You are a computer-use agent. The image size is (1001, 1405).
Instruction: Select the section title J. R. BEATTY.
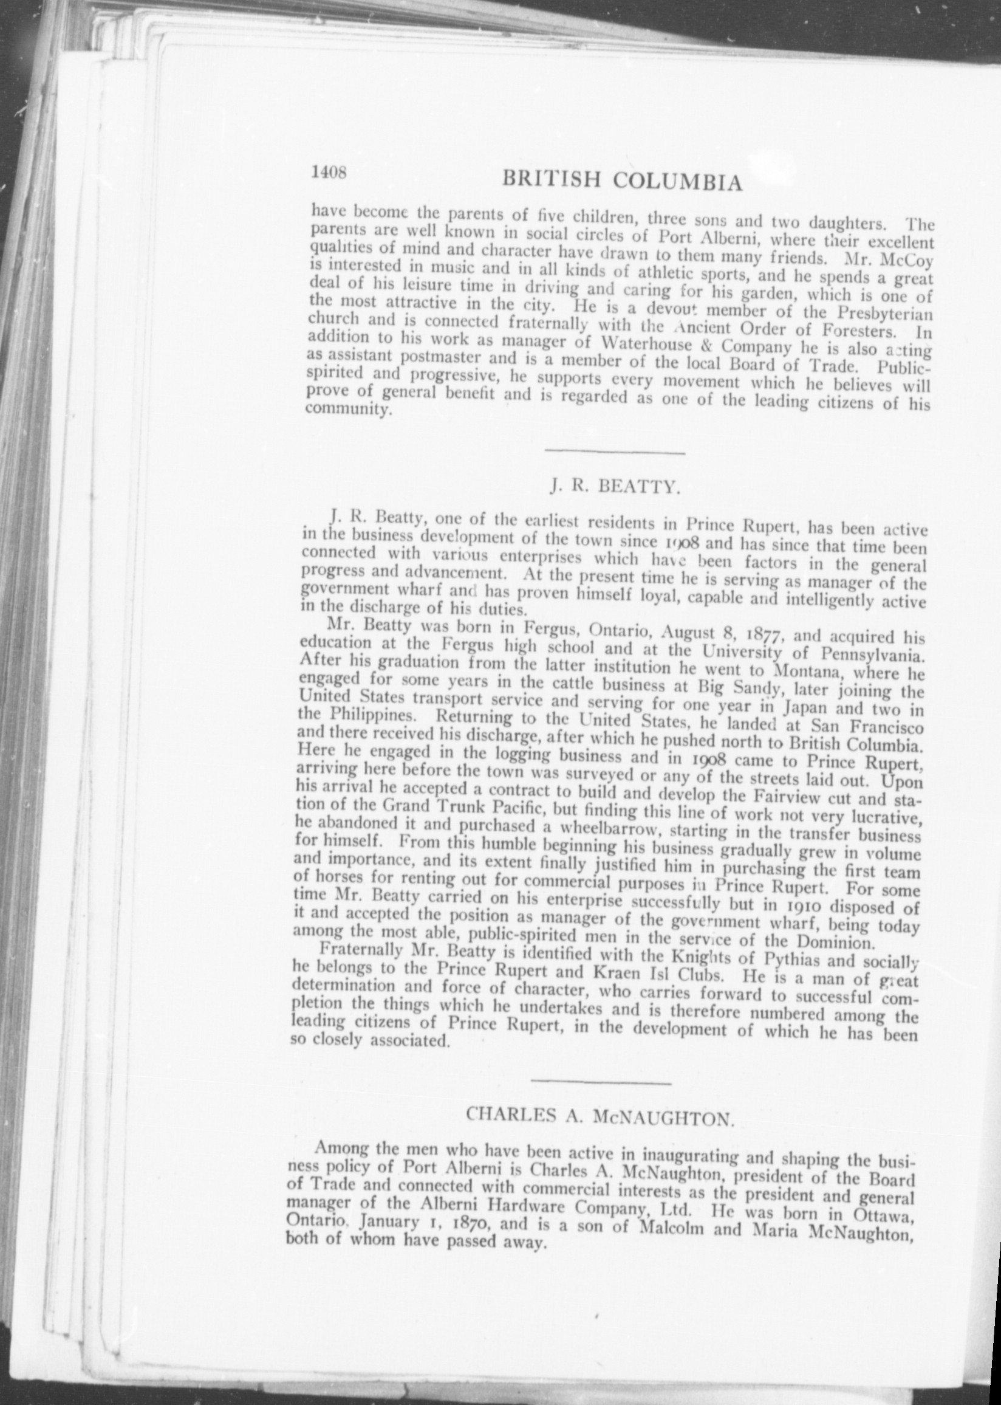click(614, 489)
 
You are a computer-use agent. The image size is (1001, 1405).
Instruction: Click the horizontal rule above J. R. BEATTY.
click(615, 454)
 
